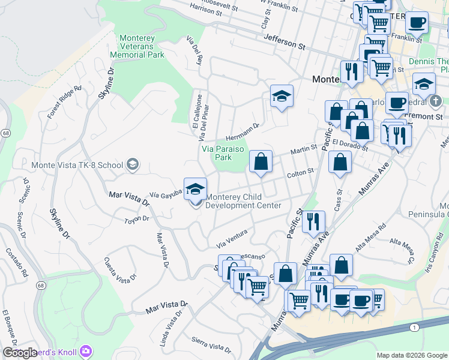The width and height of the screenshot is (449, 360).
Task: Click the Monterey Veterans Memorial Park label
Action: tap(137, 46)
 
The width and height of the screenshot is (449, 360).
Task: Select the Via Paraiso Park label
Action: tap(216, 153)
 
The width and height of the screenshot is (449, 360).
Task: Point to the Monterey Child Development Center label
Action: tap(243, 201)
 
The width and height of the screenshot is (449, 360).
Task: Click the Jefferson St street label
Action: tap(285, 41)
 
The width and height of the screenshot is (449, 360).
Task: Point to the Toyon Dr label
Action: tap(136, 220)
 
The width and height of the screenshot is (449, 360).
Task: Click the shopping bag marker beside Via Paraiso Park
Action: tap(261, 161)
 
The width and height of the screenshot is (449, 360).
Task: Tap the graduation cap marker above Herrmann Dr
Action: tap(281, 96)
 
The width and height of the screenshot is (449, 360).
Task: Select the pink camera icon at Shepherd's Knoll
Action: tap(86, 350)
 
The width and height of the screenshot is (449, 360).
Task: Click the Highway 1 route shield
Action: tap(414, 328)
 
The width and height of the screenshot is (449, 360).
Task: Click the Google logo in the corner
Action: tap(19, 353)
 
